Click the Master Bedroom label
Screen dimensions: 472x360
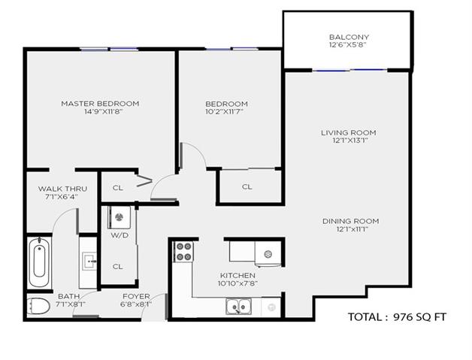tap(100, 104)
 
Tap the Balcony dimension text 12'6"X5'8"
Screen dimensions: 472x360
tap(349, 45)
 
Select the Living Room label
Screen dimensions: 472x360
tap(348, 132)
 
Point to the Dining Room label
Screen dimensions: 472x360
tap(351, 221)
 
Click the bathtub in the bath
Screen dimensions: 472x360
tap(39, 262)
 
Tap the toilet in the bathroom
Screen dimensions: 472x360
tap(38, 306)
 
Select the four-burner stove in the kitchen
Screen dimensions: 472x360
tap(183, 252)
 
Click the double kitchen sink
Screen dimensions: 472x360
tap(239, 306)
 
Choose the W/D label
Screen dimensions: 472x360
tap(120, 235)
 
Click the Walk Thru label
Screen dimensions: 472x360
tap(62, 189)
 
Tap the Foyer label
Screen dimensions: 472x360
tap(136, 296)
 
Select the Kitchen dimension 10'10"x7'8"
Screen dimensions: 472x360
tap(238, 283)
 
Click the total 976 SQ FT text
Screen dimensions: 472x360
tap(397, 317)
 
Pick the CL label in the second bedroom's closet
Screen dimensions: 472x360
tap(247, 186)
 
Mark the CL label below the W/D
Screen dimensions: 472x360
tap(117, 266)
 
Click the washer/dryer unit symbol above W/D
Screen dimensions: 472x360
tap(120, 217)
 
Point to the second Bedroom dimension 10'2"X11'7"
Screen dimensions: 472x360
tap(225, 112)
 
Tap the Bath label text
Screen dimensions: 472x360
tap(69, 296)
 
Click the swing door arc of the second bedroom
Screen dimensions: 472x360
tap(199, 150)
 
